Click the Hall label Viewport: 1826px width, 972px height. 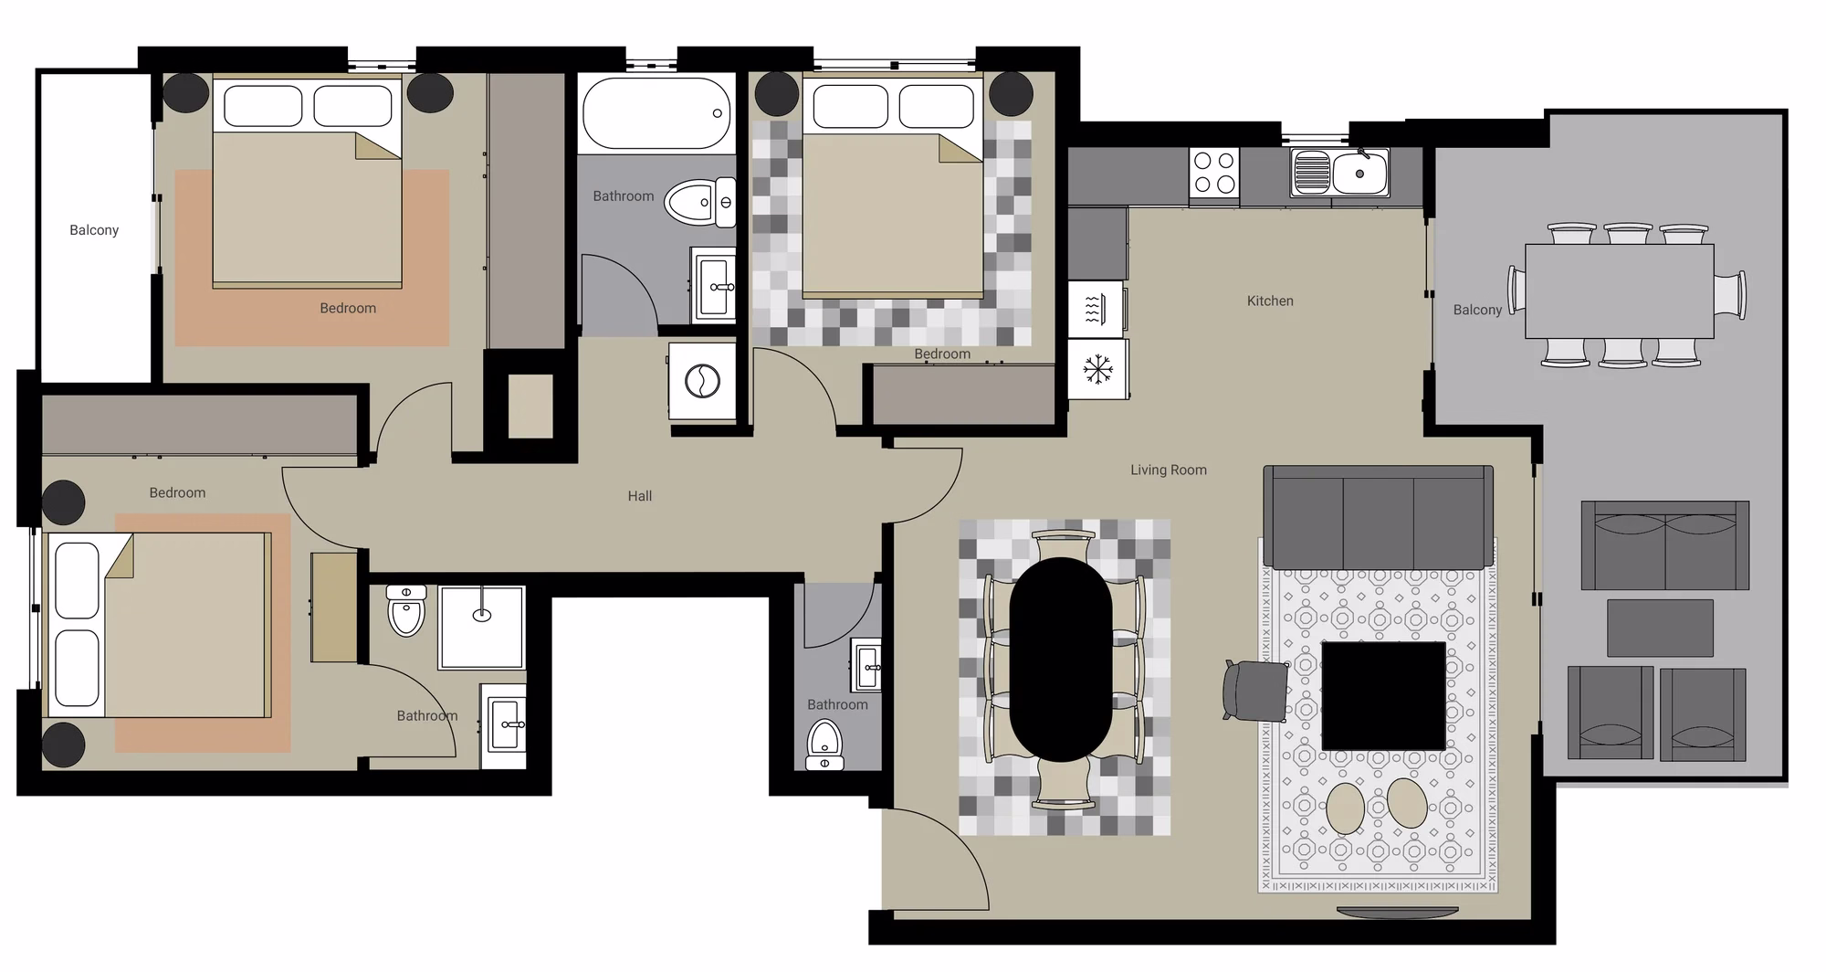click(x=639, y=496)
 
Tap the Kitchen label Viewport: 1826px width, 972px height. click(x=1270, y=301)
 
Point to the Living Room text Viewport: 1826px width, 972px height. click(x=1169, y=470)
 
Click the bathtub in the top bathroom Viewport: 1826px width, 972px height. click(x=657, y=113)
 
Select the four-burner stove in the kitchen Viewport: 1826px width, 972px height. click(x=1214, y=173)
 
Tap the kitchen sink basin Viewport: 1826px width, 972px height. click(x=1359, y=174)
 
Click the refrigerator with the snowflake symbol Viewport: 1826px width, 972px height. click(x=1097, y=369)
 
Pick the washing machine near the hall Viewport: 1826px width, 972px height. click(x=702, y=381)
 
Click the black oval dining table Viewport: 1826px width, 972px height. click(x=1061, y=659)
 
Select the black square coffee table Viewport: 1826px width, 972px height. click(x=1384, y=695)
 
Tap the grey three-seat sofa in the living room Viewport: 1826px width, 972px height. click(x=1378, y=517)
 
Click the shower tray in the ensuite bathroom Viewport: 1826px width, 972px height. click(x=482, y=628)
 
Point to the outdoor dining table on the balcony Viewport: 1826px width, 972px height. click(x=1619, y=291)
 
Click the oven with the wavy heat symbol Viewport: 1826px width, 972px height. click(x=1096, y=309)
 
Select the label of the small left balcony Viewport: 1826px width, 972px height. click(x=94, y=230)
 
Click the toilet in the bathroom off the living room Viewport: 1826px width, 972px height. click(x=824, y=745)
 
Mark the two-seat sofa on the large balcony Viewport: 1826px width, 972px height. click(x=1665, y=545)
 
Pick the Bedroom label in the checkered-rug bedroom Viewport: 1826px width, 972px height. click(x=942, y=354)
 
